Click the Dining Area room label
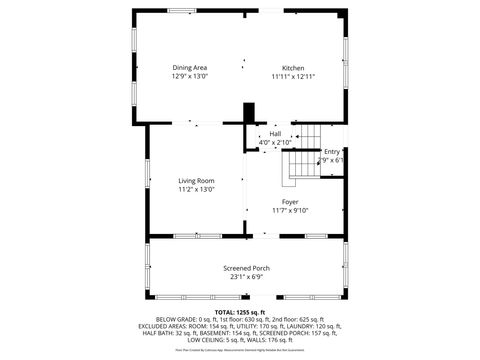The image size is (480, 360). click(189, 67)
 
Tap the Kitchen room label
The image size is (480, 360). click(292, 67)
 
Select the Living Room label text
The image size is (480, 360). click(196, 180)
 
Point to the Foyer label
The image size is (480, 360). click(290, 202)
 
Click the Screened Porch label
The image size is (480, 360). click(246, 268)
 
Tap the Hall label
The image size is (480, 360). click(275, 134)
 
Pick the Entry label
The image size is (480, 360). click(332, 151)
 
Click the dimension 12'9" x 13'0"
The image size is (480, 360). click(189, 76)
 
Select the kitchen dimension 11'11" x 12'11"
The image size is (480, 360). click(293, 76)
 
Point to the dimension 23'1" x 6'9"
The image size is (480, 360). click(246, 276)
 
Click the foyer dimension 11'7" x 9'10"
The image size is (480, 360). click(290, 210)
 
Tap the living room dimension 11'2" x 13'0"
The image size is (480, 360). click(196, 189)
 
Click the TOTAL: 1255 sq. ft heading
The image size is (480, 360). click(241, 312)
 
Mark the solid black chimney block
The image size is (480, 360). click(249, 114)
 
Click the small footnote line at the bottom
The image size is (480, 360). click(240, 351)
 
